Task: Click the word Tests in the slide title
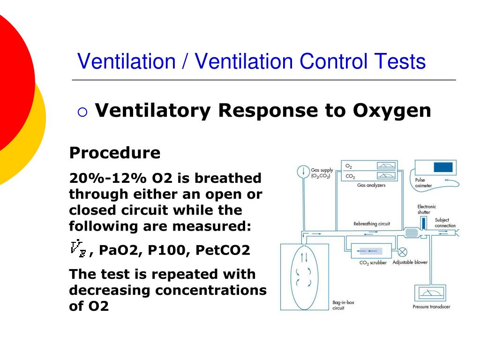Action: click(x=400, y=62)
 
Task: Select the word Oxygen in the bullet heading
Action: click(x=392, y=111)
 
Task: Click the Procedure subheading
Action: click(x=115, y=153)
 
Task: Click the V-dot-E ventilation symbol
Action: click(x=78, y=248)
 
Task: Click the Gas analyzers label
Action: click(x=371, y=186)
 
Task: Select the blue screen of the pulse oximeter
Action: click(x=443, y=167)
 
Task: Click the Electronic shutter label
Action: click(x=427, y=210)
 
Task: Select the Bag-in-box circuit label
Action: click(x=343, y=305)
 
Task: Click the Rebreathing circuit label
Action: click(x=371, y=224)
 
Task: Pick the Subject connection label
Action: click(x=445, y=223)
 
